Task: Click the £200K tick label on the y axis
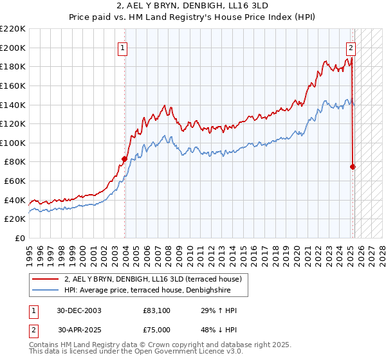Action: pos(13,48)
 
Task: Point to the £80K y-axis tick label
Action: pos(14,162)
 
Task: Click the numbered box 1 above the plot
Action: pos(122,46)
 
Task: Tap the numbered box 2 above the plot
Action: pos(351,46)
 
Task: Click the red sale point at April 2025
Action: pos(353,166)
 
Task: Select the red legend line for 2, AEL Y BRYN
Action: pos(45,279)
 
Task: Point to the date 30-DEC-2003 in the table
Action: pos(78,310)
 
